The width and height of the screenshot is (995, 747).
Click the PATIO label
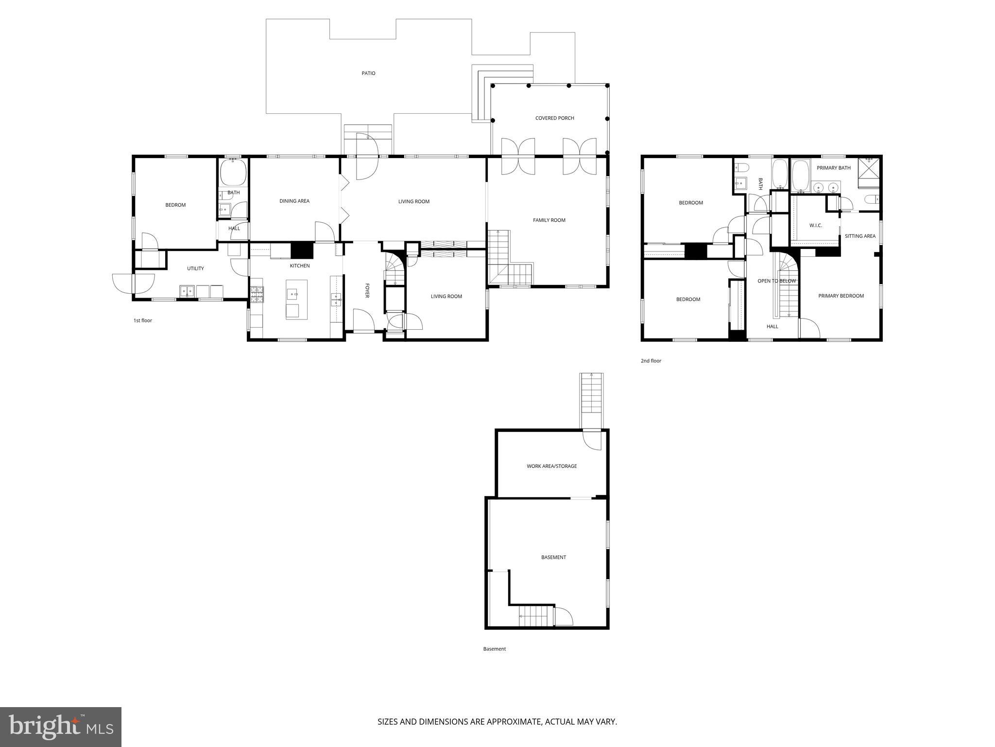368,73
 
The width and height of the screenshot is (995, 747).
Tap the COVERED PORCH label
554,118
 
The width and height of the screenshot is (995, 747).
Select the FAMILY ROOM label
549,220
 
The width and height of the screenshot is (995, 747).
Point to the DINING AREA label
294,201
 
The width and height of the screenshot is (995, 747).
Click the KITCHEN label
300,266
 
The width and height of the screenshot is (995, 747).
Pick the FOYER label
367,290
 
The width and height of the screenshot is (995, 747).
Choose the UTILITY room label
195,268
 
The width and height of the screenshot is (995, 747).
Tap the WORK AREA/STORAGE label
551,466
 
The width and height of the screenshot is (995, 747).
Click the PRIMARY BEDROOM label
841,296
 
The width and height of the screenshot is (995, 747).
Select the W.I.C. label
815,226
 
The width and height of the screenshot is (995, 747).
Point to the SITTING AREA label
860,236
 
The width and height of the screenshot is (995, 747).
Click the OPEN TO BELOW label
776,281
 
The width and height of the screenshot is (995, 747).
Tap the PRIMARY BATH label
833,168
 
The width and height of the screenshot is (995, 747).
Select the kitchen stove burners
257,292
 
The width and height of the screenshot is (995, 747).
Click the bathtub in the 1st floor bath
233,173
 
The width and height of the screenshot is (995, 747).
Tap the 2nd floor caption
651,361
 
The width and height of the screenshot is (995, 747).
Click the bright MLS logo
60,727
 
